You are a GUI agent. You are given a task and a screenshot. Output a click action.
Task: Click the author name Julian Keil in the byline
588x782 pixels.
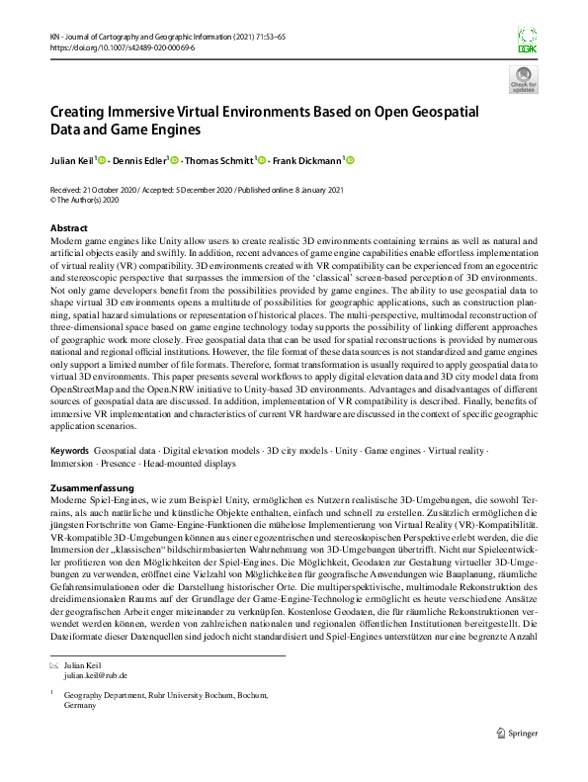click(x=72, y=161)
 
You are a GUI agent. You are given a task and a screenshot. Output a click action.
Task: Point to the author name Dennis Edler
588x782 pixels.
click(x=139, y=161)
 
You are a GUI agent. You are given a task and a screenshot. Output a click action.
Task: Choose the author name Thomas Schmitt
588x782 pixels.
click(x=221, y=161)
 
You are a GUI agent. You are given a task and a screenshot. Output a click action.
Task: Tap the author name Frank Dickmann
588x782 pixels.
click(x=308, y=161)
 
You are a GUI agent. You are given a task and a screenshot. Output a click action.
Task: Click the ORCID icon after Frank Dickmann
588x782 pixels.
click(x=349, y=160)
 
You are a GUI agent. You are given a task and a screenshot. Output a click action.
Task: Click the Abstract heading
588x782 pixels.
click(x=68, y=228)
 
